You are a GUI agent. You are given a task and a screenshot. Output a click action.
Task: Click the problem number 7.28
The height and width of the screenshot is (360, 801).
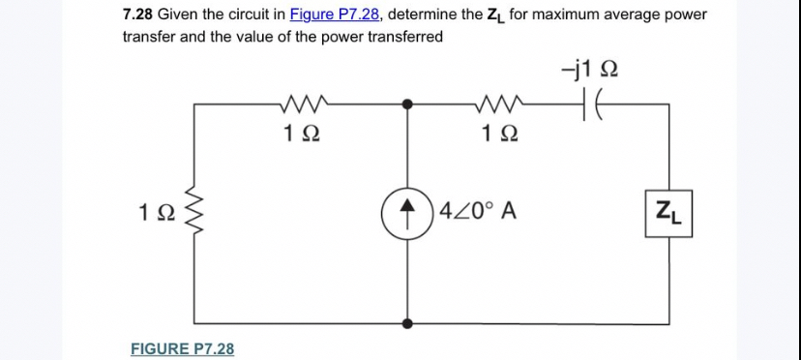(x=138, y=15)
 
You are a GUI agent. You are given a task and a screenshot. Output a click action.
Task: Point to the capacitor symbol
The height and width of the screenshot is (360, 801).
(x=591, y=101)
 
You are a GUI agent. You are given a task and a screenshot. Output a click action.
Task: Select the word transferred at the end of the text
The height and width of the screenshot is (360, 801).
(x=404, y=37)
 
